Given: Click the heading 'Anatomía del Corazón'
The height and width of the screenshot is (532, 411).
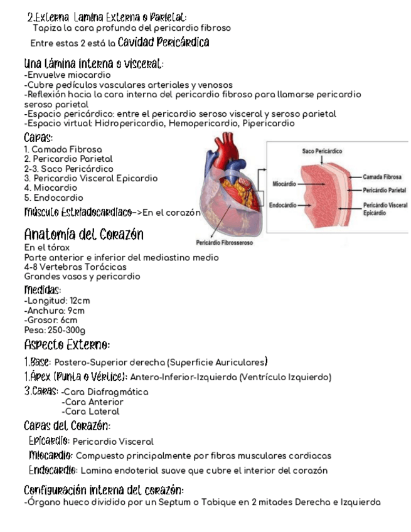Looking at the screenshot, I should point(83,235).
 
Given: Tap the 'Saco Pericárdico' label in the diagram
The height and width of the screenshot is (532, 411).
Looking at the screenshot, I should point(322,152).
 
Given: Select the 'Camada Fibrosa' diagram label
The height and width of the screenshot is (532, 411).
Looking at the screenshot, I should point(382,178).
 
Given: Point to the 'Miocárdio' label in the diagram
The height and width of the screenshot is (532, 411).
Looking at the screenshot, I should point(284,183).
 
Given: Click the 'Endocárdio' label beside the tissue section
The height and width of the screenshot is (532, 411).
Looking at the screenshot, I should point(283,205).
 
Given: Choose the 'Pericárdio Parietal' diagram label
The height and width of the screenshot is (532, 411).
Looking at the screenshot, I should point(385,189).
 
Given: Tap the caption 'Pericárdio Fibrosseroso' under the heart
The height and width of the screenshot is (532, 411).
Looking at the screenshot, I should point(224,243).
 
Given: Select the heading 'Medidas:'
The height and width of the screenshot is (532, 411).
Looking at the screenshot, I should point(43,290).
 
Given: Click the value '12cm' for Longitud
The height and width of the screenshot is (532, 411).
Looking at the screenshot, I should point(80,301).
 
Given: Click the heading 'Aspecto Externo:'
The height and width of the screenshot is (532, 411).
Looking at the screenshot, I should point(67,345).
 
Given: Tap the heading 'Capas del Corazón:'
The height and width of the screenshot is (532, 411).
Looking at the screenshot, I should point(67,427).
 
